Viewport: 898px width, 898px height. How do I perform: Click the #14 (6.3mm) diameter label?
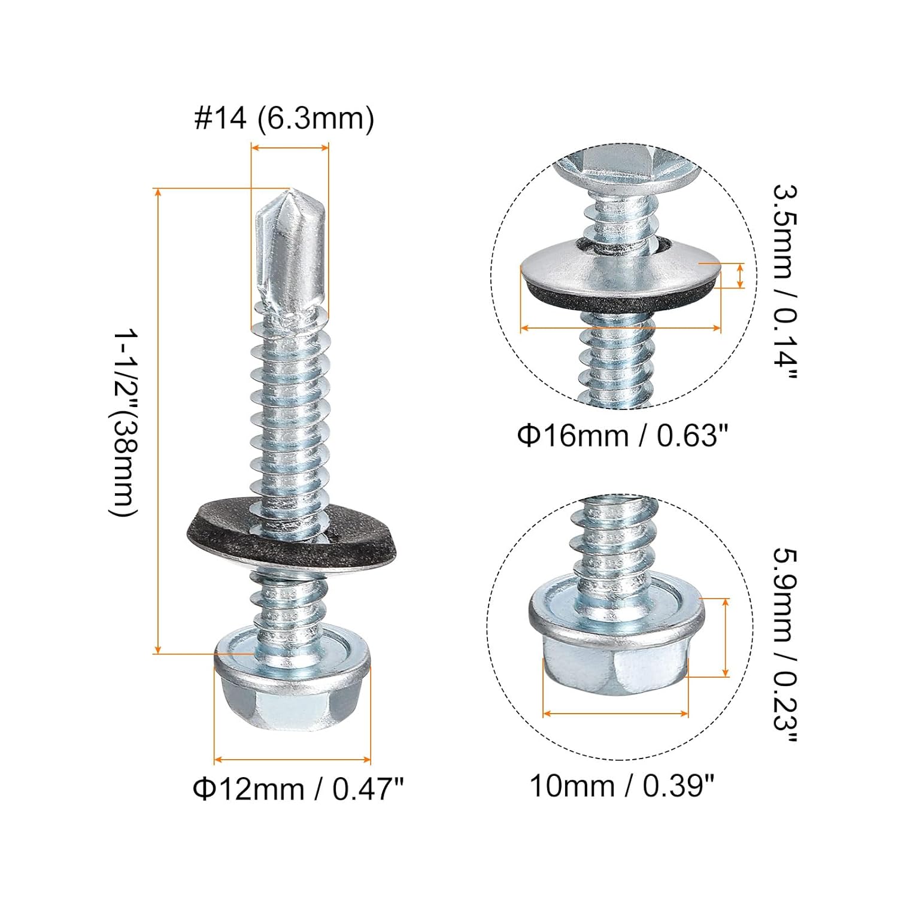284,118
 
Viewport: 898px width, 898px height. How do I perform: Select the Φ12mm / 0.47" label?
298,789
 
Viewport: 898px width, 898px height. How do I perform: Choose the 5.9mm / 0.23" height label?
785,647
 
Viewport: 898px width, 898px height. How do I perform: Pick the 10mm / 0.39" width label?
622,785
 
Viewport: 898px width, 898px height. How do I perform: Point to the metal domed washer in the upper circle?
620,266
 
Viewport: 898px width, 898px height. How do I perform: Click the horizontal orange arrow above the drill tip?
290,147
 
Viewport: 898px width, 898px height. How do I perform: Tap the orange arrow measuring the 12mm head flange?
292,760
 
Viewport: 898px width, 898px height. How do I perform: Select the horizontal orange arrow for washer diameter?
620,327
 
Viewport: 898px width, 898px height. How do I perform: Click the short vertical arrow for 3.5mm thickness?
741,276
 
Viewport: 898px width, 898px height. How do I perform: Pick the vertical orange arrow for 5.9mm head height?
726,638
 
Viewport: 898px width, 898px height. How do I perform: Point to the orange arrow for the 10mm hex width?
615,714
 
